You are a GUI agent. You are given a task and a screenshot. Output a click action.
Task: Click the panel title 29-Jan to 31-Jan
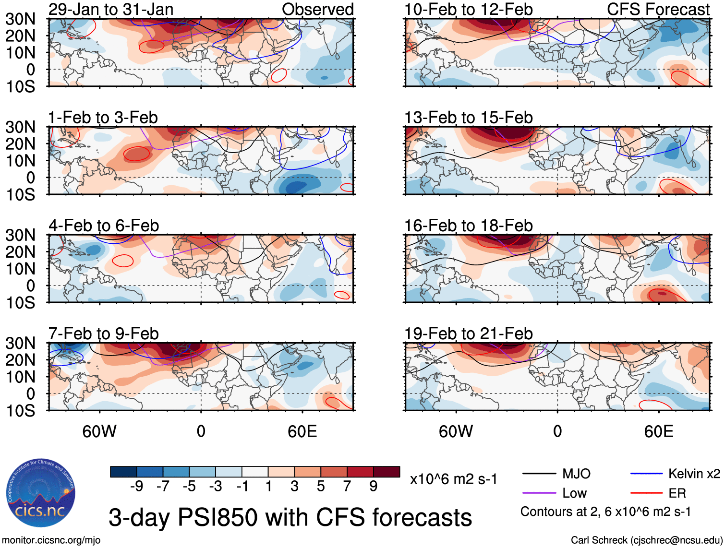pyautogui.click(x=111, y=9)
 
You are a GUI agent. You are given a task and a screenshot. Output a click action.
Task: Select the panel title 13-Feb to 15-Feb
pyautogui.click(x=468, y=117)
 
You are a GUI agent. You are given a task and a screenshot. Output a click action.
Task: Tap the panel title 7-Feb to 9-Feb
pyautogui.click(x=104, y=333)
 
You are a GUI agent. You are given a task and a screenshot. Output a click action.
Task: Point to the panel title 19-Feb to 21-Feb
pyautogui.click(x=468, y=333)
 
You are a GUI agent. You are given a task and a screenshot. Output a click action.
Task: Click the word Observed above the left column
pyautogui.click(x=317, y=9)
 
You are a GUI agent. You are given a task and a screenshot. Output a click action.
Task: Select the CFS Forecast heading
pyautogui.click(x=658, y=9)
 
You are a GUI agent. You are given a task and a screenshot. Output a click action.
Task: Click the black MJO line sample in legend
pyautogui.click(x=539, y=474)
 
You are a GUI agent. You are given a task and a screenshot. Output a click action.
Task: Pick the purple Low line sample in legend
pyautogui.click(x=539, y=493)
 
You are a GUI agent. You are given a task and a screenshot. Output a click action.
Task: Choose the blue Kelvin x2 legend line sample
pyautogui.click(x=646, y=474)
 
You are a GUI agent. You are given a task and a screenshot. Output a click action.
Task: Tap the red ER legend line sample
pyautogui.click(x=646, y=493)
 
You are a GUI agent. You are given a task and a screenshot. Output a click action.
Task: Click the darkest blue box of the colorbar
pyautogui.click(x=123, y=472)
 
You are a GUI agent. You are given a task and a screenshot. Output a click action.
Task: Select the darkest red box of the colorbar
pyautogui.click(x=387, y=472)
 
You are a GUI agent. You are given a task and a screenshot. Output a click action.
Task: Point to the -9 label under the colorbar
pyautogui.click(x=136, y=487)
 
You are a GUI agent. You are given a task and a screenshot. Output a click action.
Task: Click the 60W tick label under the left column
pyautogui.click(x=99, y=431)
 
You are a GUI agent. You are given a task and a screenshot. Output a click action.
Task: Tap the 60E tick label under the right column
pyautogui.click(x=658, y=431)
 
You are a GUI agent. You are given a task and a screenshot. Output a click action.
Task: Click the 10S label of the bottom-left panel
pyautogui.click(x=20, y=411)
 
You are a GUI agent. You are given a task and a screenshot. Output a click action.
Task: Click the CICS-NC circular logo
pyautogui.click(x=41, y=493)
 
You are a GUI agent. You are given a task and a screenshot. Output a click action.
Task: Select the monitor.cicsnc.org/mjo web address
pyautogui.click(x=51, y=540)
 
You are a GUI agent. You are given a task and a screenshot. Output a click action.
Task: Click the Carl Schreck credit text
pyautogui.click(x=646, y=540)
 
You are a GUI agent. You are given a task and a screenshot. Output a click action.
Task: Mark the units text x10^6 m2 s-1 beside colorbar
pyautogui.click(x=453, y=479)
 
